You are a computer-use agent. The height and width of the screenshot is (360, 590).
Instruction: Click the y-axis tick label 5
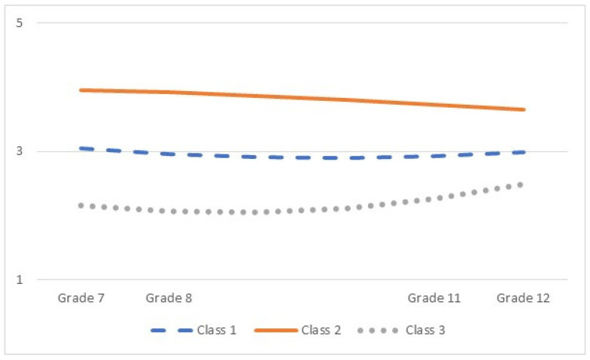coord(20,23)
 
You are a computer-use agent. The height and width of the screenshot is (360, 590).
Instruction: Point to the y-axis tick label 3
coord(20,151)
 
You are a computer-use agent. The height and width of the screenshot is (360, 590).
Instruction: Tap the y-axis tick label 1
coord(20,279)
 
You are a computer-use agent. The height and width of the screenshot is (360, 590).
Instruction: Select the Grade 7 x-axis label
coord(81,298)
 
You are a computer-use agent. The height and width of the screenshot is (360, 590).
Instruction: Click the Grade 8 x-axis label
coord(169,298)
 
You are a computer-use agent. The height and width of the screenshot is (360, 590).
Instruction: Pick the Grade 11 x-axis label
coord(434,298)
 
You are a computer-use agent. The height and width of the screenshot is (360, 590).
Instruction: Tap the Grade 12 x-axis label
coord(523,298)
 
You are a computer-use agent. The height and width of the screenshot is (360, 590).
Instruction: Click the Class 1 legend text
coord(217,330)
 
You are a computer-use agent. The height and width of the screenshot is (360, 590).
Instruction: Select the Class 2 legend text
coord(321,330)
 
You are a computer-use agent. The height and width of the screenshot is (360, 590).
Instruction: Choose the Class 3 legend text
coord(425,330)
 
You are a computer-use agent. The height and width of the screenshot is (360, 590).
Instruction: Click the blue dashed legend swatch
coord(172,331)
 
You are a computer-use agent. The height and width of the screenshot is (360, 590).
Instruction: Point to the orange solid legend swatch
coord(276,331)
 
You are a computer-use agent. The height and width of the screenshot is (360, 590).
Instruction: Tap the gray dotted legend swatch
coord(378,331)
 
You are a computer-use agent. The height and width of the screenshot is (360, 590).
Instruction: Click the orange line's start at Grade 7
coord(81,90)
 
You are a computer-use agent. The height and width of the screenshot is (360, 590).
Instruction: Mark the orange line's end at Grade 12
coord(524,110)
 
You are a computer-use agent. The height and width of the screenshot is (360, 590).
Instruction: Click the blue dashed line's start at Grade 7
coord(81,148)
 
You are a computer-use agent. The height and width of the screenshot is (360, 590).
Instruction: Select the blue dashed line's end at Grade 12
coord(524,152)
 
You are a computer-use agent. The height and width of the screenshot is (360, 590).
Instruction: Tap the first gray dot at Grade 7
coord(81,206)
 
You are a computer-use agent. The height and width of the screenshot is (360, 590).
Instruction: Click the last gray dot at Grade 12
coord(521,185)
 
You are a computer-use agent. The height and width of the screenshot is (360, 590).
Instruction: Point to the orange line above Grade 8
coord(169,92)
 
